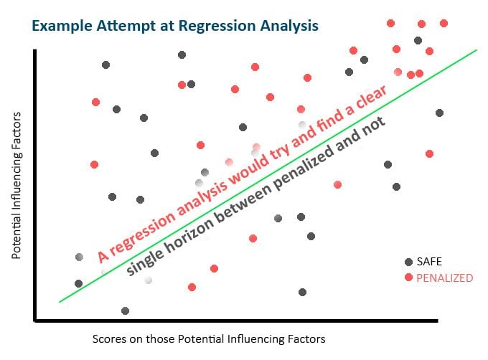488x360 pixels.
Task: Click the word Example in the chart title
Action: point(62,26)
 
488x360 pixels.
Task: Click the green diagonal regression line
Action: point(268,176)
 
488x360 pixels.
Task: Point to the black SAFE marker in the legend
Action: point(408,262)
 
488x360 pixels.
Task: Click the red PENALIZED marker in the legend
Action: point(408,277)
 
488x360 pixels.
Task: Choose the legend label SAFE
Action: point(429,262)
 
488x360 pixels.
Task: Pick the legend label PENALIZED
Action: point(445,278)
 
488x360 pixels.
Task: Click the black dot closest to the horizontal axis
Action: point(125,311)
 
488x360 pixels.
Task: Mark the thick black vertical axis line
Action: point(35,185)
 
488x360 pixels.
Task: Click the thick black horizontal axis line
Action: point(236,321)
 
